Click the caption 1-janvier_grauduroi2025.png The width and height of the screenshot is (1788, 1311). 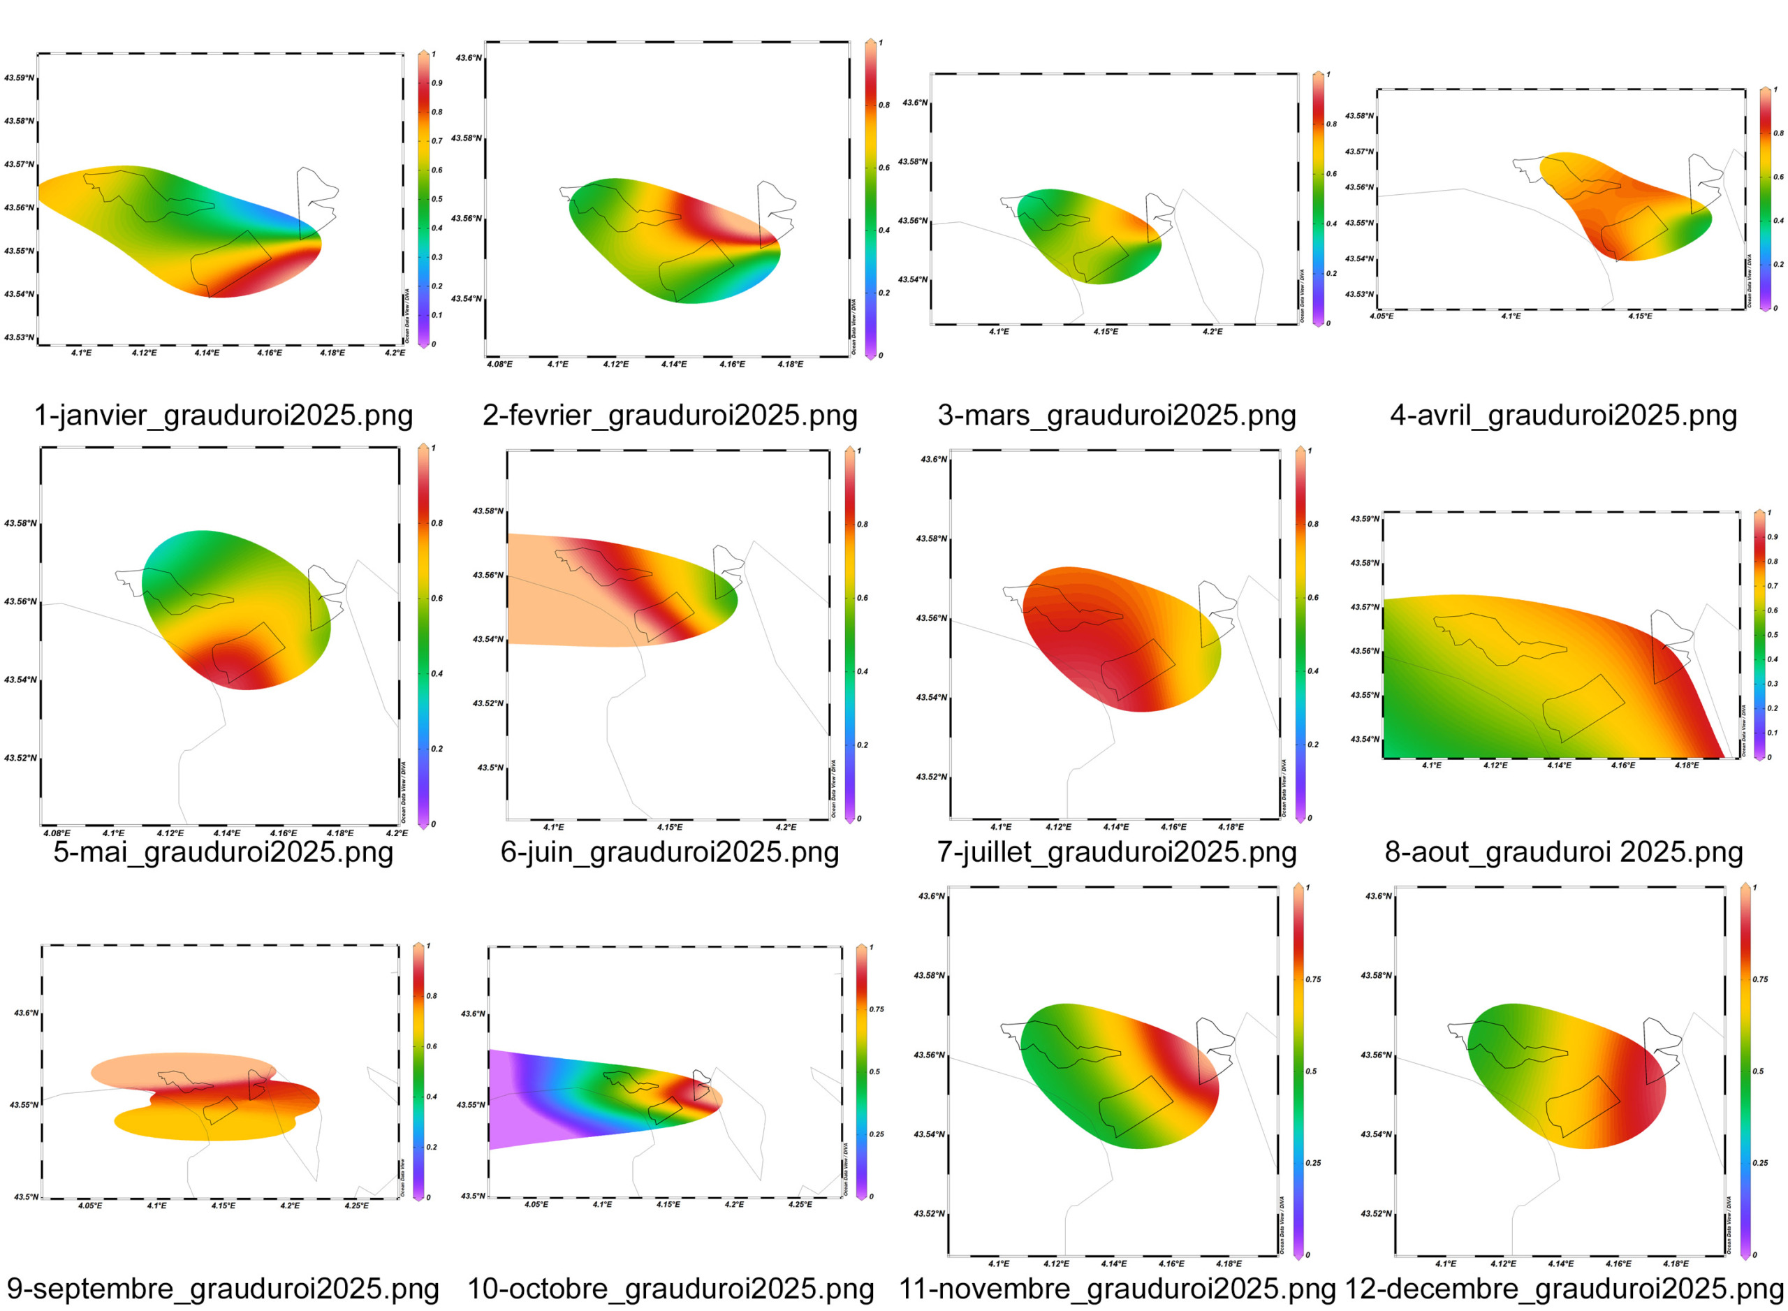point(223,415)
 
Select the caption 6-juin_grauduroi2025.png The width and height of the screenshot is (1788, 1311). point(669,851)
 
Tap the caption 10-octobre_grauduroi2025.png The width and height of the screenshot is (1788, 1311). point(670,1288)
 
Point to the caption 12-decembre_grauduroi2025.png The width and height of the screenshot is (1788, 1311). point(1562,1288)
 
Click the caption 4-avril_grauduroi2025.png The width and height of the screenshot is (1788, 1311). point(1562,415)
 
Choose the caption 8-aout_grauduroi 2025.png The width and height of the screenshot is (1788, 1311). point(1562,851)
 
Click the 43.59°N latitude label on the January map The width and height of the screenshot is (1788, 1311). point(19,78)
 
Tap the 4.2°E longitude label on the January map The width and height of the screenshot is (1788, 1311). point(395,352)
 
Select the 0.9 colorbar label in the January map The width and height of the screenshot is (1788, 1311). point(437,82)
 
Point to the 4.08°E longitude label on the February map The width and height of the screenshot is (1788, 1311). point(499,365)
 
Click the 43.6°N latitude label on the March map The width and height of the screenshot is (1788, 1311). point(914,103)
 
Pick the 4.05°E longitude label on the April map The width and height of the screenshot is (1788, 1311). point(1382,316)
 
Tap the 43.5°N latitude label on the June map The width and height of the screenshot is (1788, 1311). point(490,768)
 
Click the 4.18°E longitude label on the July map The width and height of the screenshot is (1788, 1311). point(1231,826)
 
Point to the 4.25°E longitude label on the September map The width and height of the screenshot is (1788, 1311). point(356,1206)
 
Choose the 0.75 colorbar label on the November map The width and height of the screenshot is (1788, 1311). point(1314,979)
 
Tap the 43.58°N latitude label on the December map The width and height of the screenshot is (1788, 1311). point(1376,975)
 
